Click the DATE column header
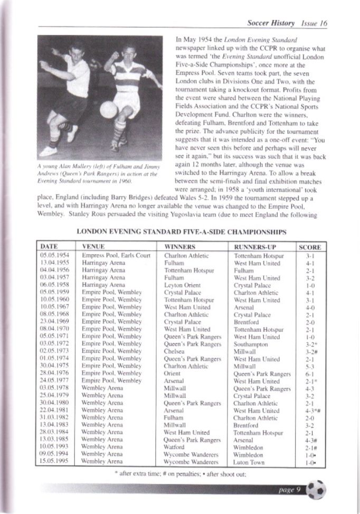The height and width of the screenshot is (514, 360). coord(49,247)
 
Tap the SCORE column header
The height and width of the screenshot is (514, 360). coord(309,247)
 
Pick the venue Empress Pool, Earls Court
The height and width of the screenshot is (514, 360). coord(116,256)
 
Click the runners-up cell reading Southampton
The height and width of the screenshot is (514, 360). coord(251,343)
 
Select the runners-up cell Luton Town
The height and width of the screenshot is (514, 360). coord(249,461)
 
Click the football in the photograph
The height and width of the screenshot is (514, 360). coord(108,109)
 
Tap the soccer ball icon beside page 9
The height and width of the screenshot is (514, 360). coord(316,490)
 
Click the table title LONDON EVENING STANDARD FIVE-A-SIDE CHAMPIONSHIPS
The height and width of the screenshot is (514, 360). coord(182,231)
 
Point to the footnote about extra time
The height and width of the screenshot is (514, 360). coord(180,473)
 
